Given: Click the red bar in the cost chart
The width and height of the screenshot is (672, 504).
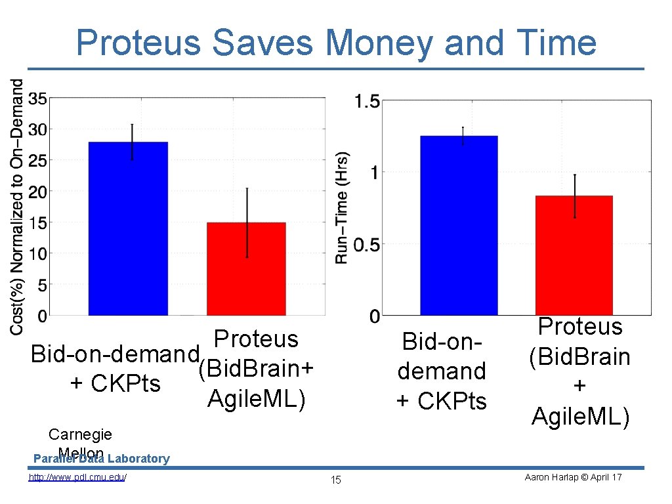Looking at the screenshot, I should [x=246, y=269].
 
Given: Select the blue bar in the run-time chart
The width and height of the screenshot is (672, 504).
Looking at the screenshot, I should [x=459, y=226].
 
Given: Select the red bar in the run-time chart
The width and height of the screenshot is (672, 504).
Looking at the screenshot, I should [x=574, y=256].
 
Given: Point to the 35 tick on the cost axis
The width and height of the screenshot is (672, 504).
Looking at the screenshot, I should [x=37, y=99].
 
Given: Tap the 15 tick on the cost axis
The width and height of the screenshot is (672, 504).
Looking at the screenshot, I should [x=37, y=223].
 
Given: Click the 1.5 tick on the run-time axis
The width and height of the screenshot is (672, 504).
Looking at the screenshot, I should [x=366, y=101].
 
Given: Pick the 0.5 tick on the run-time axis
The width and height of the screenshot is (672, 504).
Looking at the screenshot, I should [x=366, y=245].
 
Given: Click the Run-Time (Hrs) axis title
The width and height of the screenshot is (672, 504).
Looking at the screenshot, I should [x=342, y=208].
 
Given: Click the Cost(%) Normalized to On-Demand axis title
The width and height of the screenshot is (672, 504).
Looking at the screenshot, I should [x=17, y=207].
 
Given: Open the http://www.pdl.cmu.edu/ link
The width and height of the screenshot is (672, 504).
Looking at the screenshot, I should [x=77, y=477].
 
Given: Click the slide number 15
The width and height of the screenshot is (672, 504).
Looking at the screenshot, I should [x=335, y=480].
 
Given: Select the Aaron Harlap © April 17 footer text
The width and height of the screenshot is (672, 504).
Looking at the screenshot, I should [x=573, y=477].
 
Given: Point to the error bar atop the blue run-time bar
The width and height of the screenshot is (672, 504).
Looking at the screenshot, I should [x=463, y=135].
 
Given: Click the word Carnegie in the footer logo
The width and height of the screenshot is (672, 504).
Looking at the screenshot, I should [x=80, y=434].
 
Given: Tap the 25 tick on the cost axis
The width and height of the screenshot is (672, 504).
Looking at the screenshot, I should [x=37, y=161].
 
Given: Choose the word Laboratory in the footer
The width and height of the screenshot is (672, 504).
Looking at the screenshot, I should [x=139, y=459].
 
